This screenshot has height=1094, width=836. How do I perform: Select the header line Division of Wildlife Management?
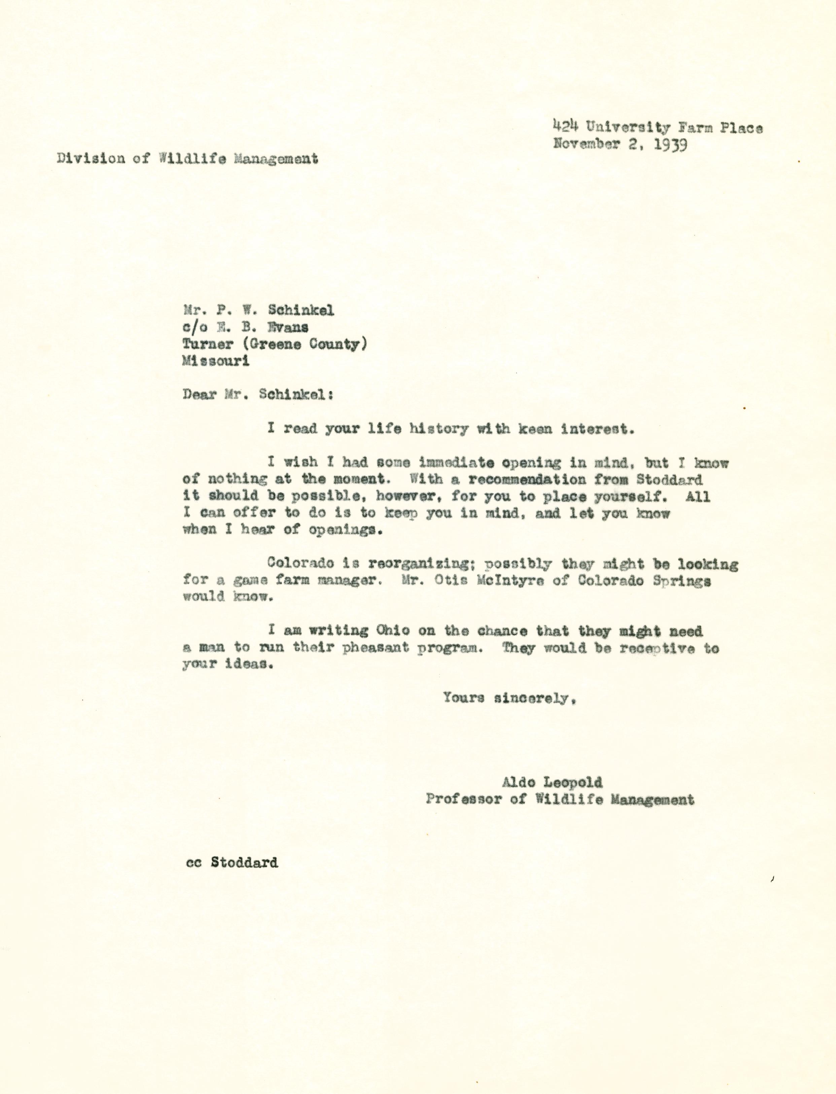[x=187, y=159]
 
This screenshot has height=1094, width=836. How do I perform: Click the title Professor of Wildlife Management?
[x=560, y=800]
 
